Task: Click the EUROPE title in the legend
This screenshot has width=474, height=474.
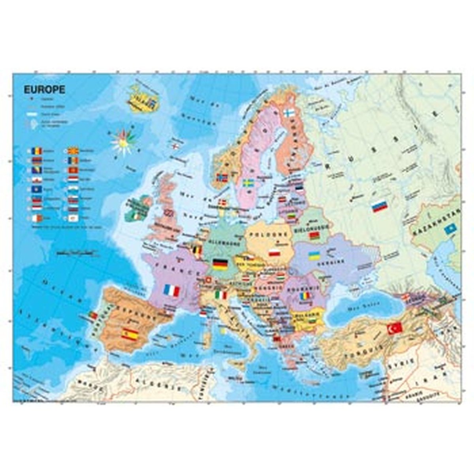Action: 44,90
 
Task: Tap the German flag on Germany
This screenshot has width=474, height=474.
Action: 220,264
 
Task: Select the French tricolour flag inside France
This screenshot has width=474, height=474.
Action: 171,291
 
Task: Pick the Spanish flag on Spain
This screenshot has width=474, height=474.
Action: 130,334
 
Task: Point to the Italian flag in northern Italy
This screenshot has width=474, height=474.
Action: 221,295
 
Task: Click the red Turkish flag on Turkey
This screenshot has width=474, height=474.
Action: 394,328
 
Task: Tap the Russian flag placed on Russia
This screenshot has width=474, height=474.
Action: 379,206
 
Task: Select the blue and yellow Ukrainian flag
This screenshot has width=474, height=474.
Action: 314,256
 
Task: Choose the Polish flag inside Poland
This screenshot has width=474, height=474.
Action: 274,252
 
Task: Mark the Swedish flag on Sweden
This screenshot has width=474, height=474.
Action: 248,183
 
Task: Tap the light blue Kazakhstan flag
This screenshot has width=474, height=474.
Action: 450,228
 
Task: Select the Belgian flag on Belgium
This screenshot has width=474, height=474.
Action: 197,250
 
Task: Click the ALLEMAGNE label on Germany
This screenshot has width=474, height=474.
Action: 219,240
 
